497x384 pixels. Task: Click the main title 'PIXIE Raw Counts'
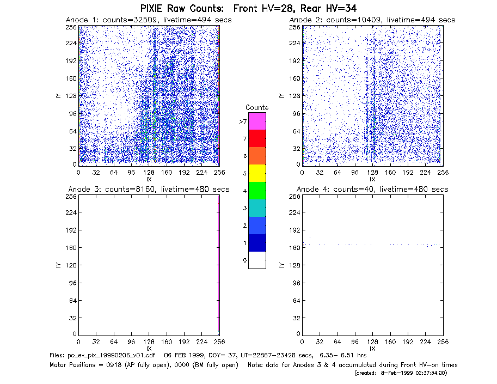click(182, 8)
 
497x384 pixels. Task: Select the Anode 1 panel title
click(149, 20)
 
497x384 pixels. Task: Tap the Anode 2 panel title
click(372, 20)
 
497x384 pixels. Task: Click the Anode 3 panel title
click(149, 190)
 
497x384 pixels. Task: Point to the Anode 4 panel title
click(372, 190)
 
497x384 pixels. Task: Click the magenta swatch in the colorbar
click(257, 121)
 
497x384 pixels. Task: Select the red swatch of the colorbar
click(257, 138)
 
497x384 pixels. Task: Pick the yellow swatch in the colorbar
click(257, 173)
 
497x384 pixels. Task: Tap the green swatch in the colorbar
click(257, 191)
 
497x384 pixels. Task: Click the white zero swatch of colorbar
click(257, 260)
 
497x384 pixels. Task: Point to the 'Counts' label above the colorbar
click(257, 107)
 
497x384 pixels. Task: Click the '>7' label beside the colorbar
click(243, 121)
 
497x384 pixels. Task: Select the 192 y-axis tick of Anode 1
click(71, 61)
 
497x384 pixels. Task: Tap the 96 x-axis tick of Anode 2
click(355, 173)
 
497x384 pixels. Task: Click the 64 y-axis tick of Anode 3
click(73, 300)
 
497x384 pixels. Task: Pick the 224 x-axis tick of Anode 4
click(425, 342)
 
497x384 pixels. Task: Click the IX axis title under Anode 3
click(149, 349)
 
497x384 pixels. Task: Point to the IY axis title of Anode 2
click(281, 96)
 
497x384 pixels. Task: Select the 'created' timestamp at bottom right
click(401, 373)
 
